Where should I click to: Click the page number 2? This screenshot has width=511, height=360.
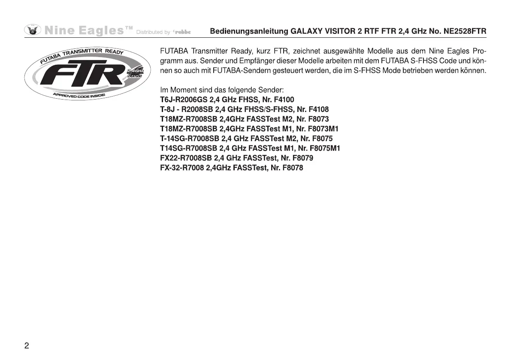27,346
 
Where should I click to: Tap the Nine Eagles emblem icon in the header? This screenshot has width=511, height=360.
33,30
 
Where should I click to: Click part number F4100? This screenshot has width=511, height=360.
284,100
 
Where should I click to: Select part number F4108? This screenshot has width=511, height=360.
318,109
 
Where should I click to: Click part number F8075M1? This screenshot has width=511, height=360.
326,148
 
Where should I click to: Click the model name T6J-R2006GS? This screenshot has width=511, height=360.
184,100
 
